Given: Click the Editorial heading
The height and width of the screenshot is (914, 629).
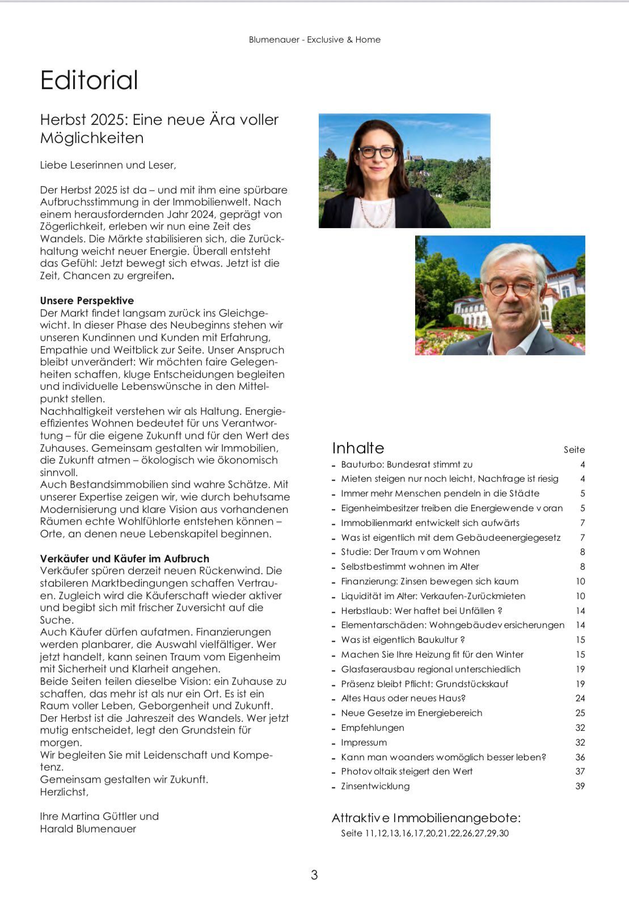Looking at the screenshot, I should (89, 80).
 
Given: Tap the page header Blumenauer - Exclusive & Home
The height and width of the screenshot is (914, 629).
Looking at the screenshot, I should (314, 40).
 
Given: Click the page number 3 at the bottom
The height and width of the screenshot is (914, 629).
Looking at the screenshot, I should (314, 875).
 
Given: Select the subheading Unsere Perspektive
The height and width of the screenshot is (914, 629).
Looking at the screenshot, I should (87, 301).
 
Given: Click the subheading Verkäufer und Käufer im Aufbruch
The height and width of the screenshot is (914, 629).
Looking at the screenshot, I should (124, 558).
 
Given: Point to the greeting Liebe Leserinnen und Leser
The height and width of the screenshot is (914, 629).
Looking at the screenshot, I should (108, 165).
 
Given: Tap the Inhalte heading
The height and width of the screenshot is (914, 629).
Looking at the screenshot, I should (358, 448).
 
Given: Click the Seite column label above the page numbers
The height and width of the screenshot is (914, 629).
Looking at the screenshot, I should (574, 450).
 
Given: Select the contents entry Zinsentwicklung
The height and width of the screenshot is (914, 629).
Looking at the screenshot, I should (375, 786).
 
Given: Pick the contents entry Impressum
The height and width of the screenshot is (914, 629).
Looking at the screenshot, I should (364, 743).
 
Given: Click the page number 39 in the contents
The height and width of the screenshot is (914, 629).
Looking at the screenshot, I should (580, 786).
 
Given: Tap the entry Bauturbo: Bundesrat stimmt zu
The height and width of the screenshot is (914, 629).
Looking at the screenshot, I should (406, 465).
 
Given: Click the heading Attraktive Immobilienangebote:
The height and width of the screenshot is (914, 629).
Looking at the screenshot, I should (426, 818).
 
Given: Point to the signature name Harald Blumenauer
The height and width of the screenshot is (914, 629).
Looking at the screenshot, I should (88, 829).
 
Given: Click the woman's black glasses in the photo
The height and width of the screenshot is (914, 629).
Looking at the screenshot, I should (377, 152).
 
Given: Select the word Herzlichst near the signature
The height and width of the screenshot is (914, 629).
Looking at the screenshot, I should (64, 792).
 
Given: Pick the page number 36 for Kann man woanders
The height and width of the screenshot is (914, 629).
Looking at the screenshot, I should (580, 757).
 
